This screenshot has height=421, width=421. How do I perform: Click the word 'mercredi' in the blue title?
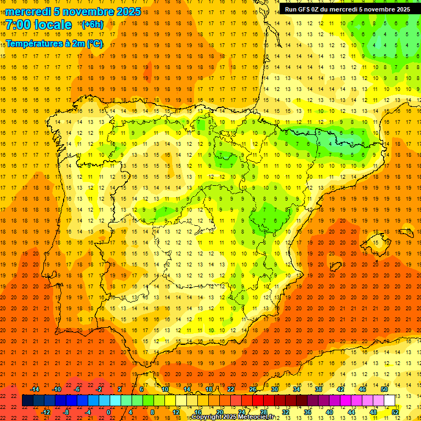(29, 12)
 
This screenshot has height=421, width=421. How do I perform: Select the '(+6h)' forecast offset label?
(92, 25)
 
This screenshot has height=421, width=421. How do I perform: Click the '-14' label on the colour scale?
(35, 389)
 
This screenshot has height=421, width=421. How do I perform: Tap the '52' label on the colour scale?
(395, 412)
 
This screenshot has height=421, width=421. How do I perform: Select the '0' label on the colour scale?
(109, 412)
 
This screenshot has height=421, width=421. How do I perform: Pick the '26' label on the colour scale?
(253, 389)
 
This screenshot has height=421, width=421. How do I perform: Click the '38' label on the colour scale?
(318, 389)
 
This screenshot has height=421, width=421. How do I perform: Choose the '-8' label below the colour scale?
(66, 412)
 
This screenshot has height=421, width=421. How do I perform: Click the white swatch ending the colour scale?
(390, 400)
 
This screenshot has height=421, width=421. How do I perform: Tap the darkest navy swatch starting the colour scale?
(27, 400)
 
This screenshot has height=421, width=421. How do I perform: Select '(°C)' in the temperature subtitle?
(94, 44)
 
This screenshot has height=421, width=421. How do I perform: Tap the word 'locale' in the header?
(53, 25)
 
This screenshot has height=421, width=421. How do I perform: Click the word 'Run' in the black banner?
(291, 9)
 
